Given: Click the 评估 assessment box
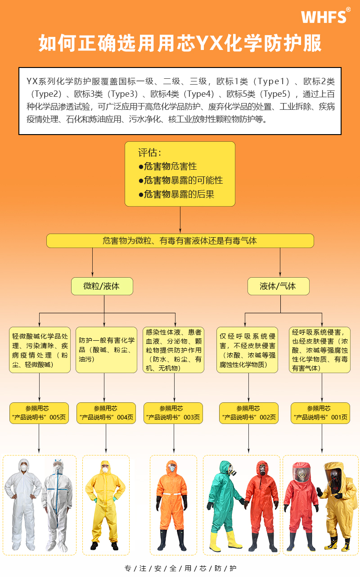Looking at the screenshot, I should point(180,174).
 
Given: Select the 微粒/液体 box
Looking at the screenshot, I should point(102,286).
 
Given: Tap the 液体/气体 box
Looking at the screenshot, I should point(278,286).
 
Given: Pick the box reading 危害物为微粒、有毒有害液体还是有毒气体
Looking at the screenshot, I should point(180,241).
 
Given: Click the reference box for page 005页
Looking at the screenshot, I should point(39,413).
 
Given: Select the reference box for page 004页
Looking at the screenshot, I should point(107,413).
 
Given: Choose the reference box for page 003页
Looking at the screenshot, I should point(174,413).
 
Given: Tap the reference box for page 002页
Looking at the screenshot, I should point(248,413).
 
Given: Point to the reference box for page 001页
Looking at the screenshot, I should point(320,413).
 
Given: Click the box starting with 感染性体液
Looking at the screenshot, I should point(174,350).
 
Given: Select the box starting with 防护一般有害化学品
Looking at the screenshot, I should point(107,350).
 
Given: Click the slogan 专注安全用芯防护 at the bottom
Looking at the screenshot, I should point(180,568).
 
